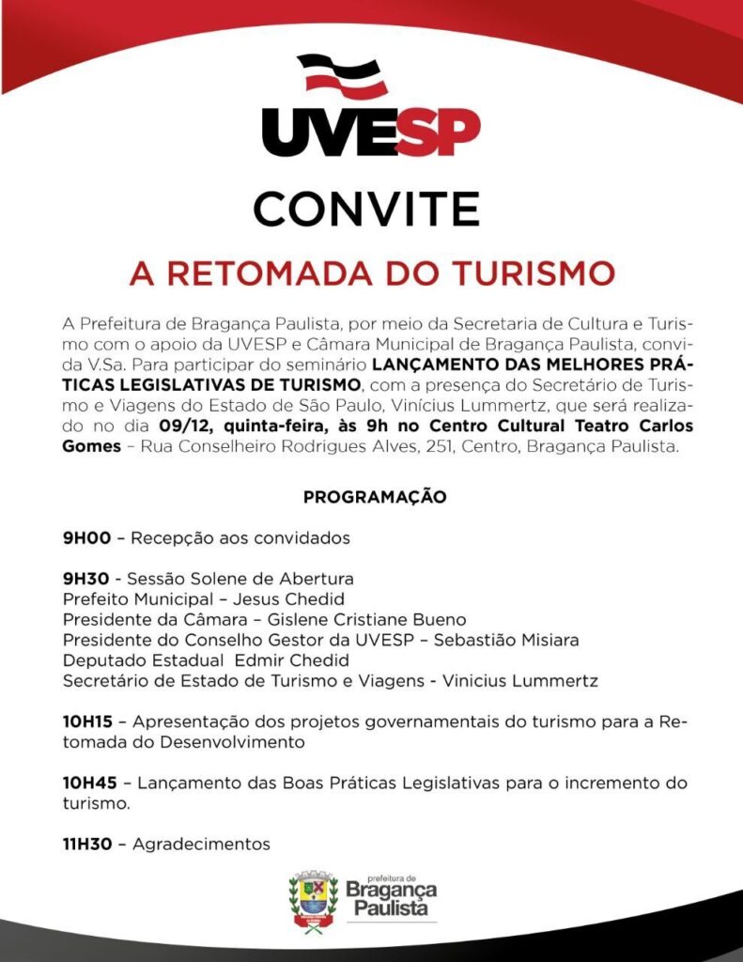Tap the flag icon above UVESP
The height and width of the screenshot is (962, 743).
point(342,75)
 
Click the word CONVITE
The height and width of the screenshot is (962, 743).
point(371,208)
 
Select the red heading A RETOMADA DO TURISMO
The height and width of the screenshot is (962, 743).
point(372,273)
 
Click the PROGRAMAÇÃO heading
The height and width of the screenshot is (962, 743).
point(374,497)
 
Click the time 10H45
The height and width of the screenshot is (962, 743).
point(88,783)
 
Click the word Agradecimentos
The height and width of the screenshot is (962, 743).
point(201,844)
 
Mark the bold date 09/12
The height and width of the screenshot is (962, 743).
point(183,426)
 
